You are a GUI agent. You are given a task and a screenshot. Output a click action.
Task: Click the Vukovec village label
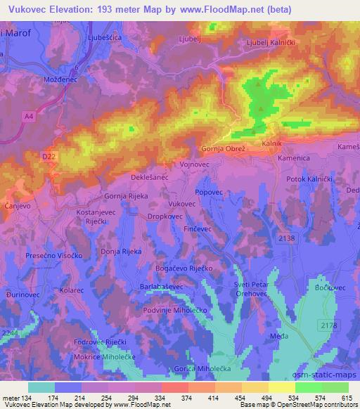point(181,203)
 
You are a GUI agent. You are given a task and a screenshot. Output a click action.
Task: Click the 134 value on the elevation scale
point(27,398)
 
